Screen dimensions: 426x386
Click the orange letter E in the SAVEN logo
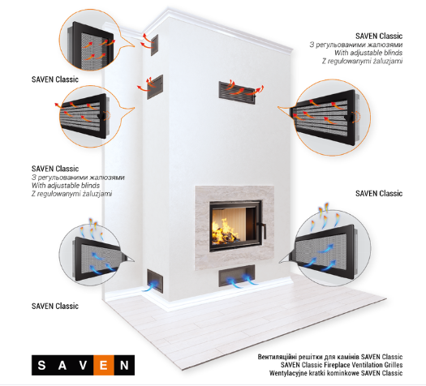click(x=104, y=366)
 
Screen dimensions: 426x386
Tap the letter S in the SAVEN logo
click(x=41, y=366)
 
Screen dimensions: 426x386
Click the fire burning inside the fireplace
click(x=225, y=233)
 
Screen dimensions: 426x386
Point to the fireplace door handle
click(x=261, y=230)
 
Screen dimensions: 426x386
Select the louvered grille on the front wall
click(x=237, y=92)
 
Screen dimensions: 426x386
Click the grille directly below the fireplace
click(x=237, y=276)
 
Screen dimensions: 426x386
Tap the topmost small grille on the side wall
click(x=155, y=45)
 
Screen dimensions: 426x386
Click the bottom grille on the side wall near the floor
click(x=155, y=281)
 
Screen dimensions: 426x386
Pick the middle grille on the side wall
click(x=155, y=87)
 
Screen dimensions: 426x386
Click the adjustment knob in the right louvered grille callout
click(x=349, y=117)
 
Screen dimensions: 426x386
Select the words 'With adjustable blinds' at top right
click(x=368, y=53)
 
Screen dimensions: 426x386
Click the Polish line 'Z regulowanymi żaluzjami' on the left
click(x=71, y=194)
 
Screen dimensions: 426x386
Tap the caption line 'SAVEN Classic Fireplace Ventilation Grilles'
click(x=342, y=365)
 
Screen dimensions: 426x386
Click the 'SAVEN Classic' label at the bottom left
click(x=55, y=307)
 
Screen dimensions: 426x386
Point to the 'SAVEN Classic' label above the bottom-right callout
click(x=379, y=194)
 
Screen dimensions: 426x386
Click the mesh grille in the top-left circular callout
click(x=93, y=47)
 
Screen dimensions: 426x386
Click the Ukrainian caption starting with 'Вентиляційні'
click(x=330, y=357)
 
